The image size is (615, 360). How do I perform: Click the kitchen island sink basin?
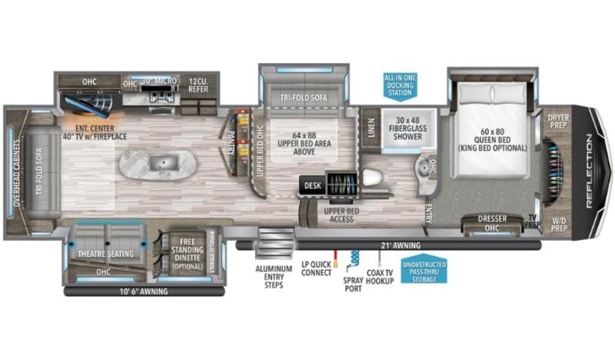click(x=164, y=163)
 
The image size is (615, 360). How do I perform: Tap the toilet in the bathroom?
click(x=373, y=177)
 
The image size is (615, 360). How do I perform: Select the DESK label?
click(x=313, y=186)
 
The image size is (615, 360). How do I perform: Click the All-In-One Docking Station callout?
click(x=400, y=86)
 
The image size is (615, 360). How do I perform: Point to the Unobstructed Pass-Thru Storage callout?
click(x=424, y=272)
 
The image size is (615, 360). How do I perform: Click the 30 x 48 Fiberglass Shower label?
click(x=408, y=128)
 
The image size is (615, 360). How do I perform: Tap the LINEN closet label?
click(x=371, y=128)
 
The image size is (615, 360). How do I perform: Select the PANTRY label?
click(x=231, y=143)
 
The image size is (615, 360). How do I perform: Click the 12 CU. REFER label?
click(x=198, y=85)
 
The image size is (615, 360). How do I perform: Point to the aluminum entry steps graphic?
click(x=275, y=244)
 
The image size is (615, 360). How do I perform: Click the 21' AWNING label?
click(x=401, y=246)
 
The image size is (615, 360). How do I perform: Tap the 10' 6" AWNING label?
click(x=143, y=292)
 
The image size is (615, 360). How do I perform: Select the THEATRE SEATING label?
click(x=106, y=254)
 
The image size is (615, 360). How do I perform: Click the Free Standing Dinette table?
click(x=188, y=254)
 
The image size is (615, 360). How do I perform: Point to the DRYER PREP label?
click(x=559, y=122)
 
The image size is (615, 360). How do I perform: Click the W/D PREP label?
click(x=559, y=225)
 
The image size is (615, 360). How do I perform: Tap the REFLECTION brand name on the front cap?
click(x=589, y=171)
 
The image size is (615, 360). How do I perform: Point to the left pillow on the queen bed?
click(x=476, y=94)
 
